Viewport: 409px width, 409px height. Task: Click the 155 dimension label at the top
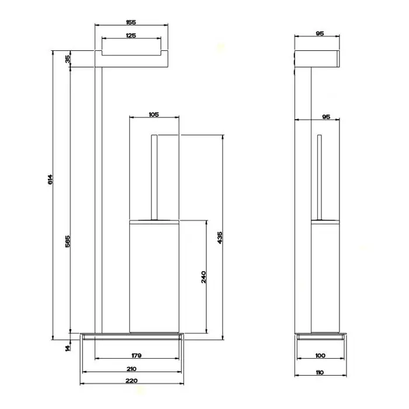pyautogui.click(x=131, y=22)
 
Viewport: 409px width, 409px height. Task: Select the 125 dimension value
pyautogui.click(x=131, y=35)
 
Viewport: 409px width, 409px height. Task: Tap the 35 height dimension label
pyautogui.click(x=68, y=59)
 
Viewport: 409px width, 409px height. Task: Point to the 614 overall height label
pyautogui.click(x=50, y=179)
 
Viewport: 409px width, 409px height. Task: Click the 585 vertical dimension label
pyautogui.click(x=68, y=241)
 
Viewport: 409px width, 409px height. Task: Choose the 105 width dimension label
pyautogui.click(x=154, y=115)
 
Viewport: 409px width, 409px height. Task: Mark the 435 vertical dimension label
pyautogui.click(x=220, y=238)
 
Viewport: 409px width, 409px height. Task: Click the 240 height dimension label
pyautogui.click(x=203, y=277)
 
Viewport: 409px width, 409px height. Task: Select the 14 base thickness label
pyautogui.click(x=68, y=348)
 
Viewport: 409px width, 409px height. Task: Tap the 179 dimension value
pyautogui.click(x=136, y=355)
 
